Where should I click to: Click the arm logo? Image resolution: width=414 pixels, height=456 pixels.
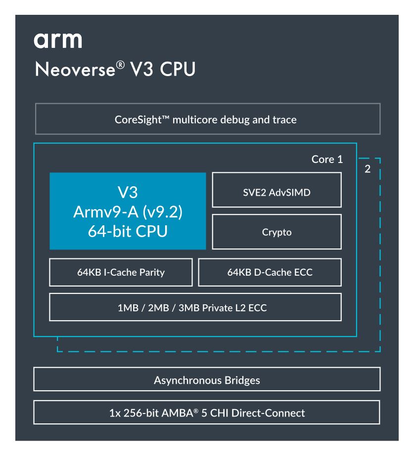(57, 41)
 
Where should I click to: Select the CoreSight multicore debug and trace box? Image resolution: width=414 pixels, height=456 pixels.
(207, 119)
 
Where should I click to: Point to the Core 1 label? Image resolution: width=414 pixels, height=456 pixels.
(326, 160)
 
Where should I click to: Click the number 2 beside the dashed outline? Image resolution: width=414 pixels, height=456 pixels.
(367, 168)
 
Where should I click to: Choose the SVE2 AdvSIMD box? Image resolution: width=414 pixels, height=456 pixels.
(276, 190)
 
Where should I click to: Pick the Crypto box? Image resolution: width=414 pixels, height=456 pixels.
(276, 231)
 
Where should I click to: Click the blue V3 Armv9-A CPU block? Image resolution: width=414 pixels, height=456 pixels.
(128, 211)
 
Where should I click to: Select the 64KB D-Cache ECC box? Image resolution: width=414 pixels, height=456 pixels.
(270, 272)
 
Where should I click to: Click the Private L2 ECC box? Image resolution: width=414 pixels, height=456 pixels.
(195, 307)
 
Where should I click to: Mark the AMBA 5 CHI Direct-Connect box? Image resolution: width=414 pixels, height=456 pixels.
(207, 413)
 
